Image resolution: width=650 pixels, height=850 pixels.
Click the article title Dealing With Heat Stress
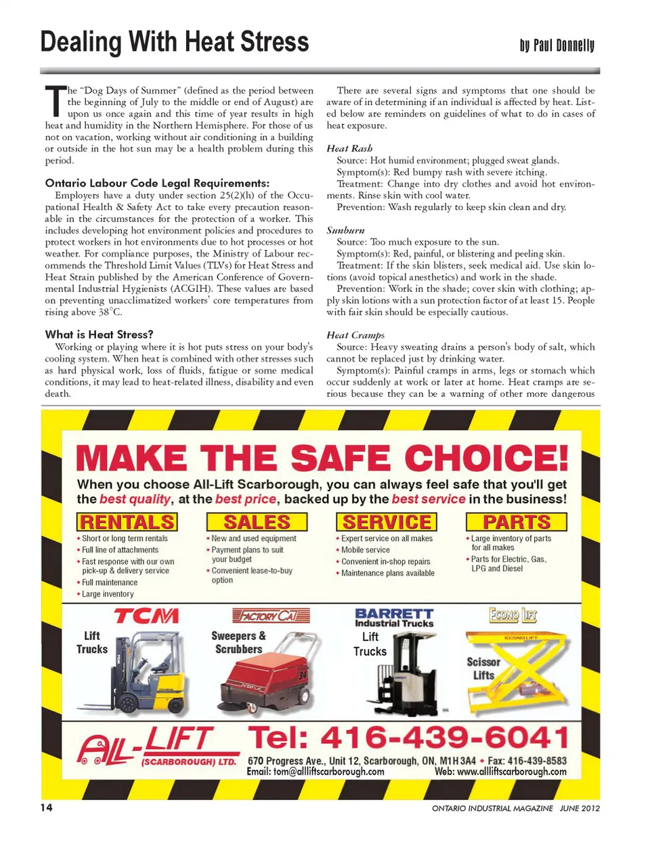pyautogui.click(x=175, y=42)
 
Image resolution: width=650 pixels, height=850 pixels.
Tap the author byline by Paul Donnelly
pyautogui.click(x=557, y=45)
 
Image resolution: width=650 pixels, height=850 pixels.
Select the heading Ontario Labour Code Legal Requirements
pyautogui.click(x=157, y=183)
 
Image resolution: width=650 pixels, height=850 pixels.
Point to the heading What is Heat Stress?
pyautogui.click(x=99, y=334)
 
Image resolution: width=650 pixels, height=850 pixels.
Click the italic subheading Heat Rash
pyautogui.click(x=349, y=148)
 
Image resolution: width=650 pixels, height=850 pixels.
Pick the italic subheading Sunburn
pyautogui.click(x=345, y=230)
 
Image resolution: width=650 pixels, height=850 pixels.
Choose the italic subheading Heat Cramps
pyautogui.click(x=355, y=335)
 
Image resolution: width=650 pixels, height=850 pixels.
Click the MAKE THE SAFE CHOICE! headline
pyautogui.click(x=322, y=459)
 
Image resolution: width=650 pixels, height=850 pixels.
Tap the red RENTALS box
pyautogui.click(x=127, y=522)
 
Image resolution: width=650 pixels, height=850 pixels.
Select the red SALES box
pyautogui.click(x=257, y=522)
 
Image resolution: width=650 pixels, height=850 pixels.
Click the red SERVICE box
pyautogui.click(x=387, y=522)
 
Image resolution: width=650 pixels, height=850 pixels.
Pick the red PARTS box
pyautogui.click(x=517, y=522)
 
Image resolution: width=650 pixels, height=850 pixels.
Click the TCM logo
pyautogui.click(x=146, y=616)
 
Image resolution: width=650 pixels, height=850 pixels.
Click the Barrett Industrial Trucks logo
pyautogui.click(x=394, y=617)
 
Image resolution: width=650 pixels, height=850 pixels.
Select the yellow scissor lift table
pyautogui.click(x=521, y=667)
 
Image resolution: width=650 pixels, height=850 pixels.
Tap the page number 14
pyautogui.click(x=46, y=807)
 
